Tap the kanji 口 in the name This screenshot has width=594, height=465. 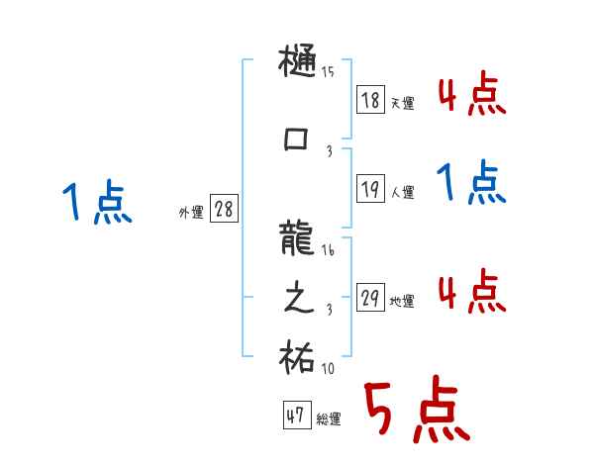(x=298, y=140)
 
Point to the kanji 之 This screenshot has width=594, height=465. (x=298, y=300)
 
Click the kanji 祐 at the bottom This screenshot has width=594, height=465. (x=298, y=357)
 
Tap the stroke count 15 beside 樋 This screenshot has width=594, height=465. (x=328, y=71)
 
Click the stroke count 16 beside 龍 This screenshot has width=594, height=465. (x=329, y=251)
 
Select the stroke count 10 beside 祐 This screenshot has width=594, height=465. (x=328, y=369)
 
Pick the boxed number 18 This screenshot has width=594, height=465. (x=370, y=99)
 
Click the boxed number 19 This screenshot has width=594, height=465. (x=370, y=189)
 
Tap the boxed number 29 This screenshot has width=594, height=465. (x=370, y=298)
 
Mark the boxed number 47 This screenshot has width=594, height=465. (x=294, y=416)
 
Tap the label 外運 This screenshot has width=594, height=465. (x=191, y=212)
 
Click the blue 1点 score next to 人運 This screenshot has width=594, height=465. (x=471, y=182)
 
